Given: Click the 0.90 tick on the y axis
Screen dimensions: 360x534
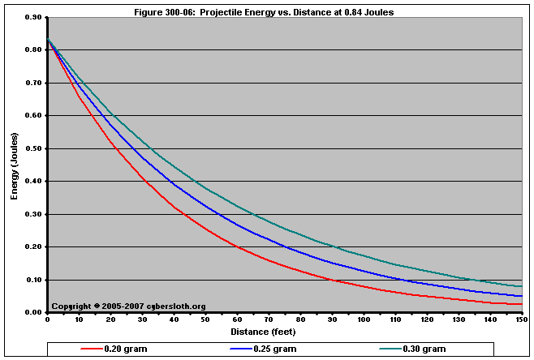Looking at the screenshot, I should pos(32,17).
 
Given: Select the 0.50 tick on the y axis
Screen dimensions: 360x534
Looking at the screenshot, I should pos(32,148).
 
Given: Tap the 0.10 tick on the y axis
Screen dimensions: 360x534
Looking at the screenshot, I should pos(32,280).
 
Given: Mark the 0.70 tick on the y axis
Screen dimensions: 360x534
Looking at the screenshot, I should pos(32,83).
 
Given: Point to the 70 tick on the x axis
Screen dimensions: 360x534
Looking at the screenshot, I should pos(269,320).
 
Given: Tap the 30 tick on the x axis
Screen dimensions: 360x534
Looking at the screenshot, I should pos(142,320).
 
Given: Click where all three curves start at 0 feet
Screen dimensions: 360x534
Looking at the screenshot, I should pos(48,39).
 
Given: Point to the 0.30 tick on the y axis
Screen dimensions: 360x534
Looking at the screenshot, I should pos(32,214).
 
